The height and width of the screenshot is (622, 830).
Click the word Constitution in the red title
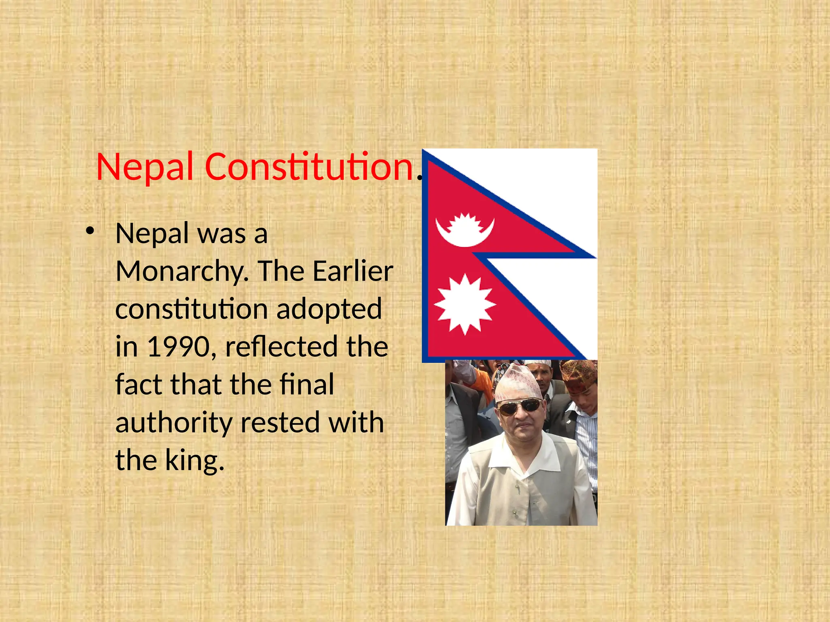click(309, 167)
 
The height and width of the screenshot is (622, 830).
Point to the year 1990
click(178, 347)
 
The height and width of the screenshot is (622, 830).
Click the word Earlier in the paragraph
click(353, 271)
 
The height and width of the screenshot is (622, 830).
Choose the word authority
click(174, 423)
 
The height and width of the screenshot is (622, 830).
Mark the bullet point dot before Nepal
click(90, 231)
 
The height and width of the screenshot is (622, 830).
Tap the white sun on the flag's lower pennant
click(465, 304)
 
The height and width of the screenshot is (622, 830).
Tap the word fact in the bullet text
click(139, 385)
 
